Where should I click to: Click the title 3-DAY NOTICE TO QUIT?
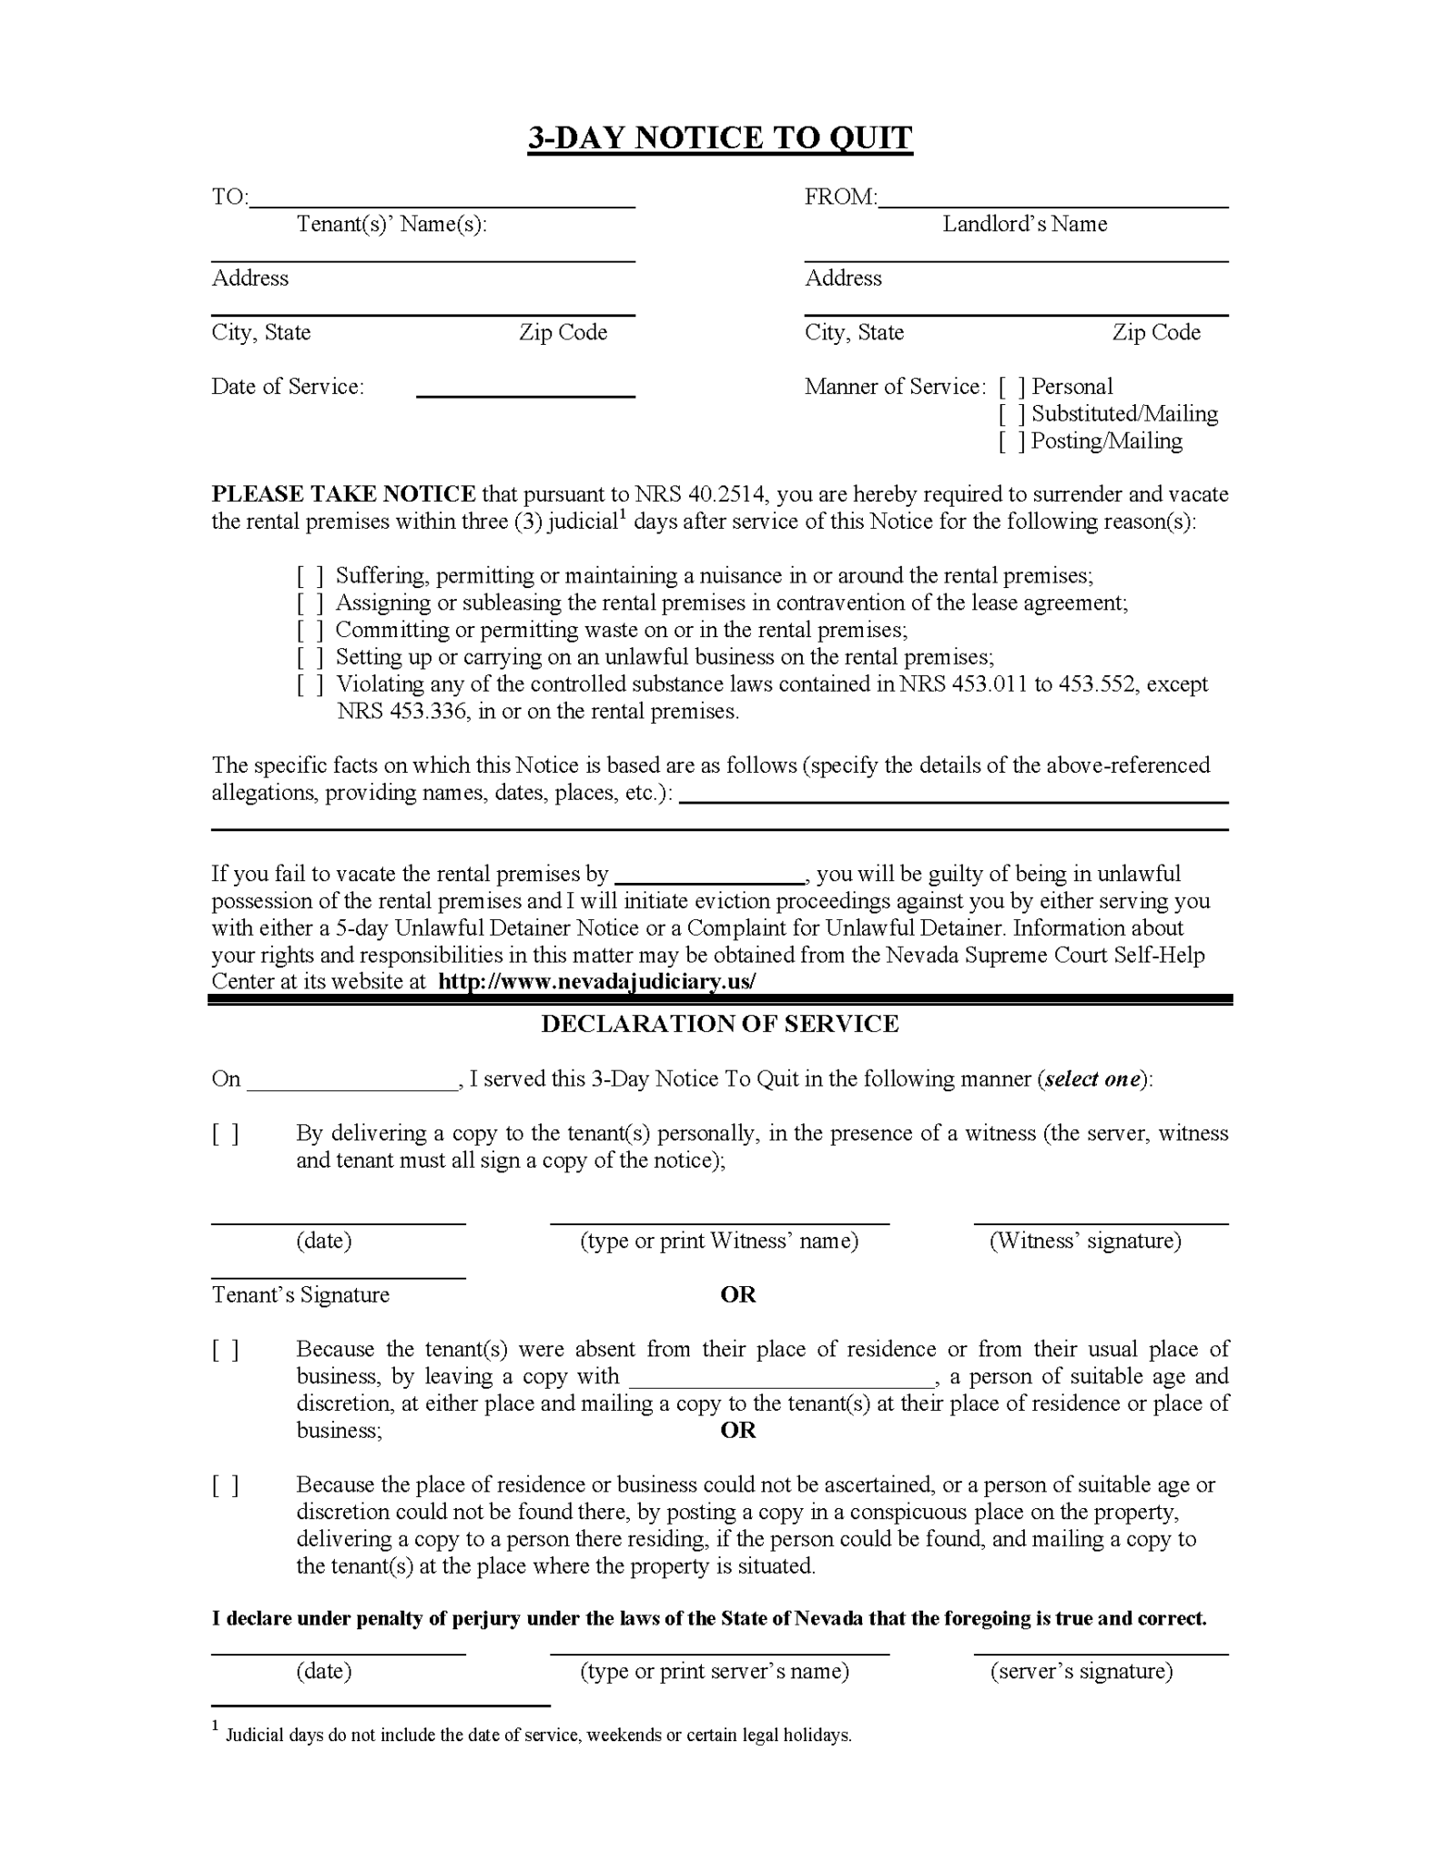[x=719, y=137]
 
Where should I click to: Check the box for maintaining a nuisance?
[x=310, y=576]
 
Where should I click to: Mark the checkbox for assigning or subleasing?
[x=310, y=603]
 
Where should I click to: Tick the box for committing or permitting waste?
[x=310, y=631]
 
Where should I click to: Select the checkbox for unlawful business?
[x=310, y=658]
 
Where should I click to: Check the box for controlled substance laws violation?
[x=310, y=685]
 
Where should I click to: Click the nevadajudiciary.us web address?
[x=597, y=981]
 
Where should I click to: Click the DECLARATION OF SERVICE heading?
[x=719, y=1024]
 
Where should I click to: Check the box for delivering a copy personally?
[x=226, y=1134]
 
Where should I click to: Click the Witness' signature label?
[x=1085, y=1241]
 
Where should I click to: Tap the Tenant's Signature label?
[x=300, y=1295]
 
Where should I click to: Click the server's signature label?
[x=1081, y=1671]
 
